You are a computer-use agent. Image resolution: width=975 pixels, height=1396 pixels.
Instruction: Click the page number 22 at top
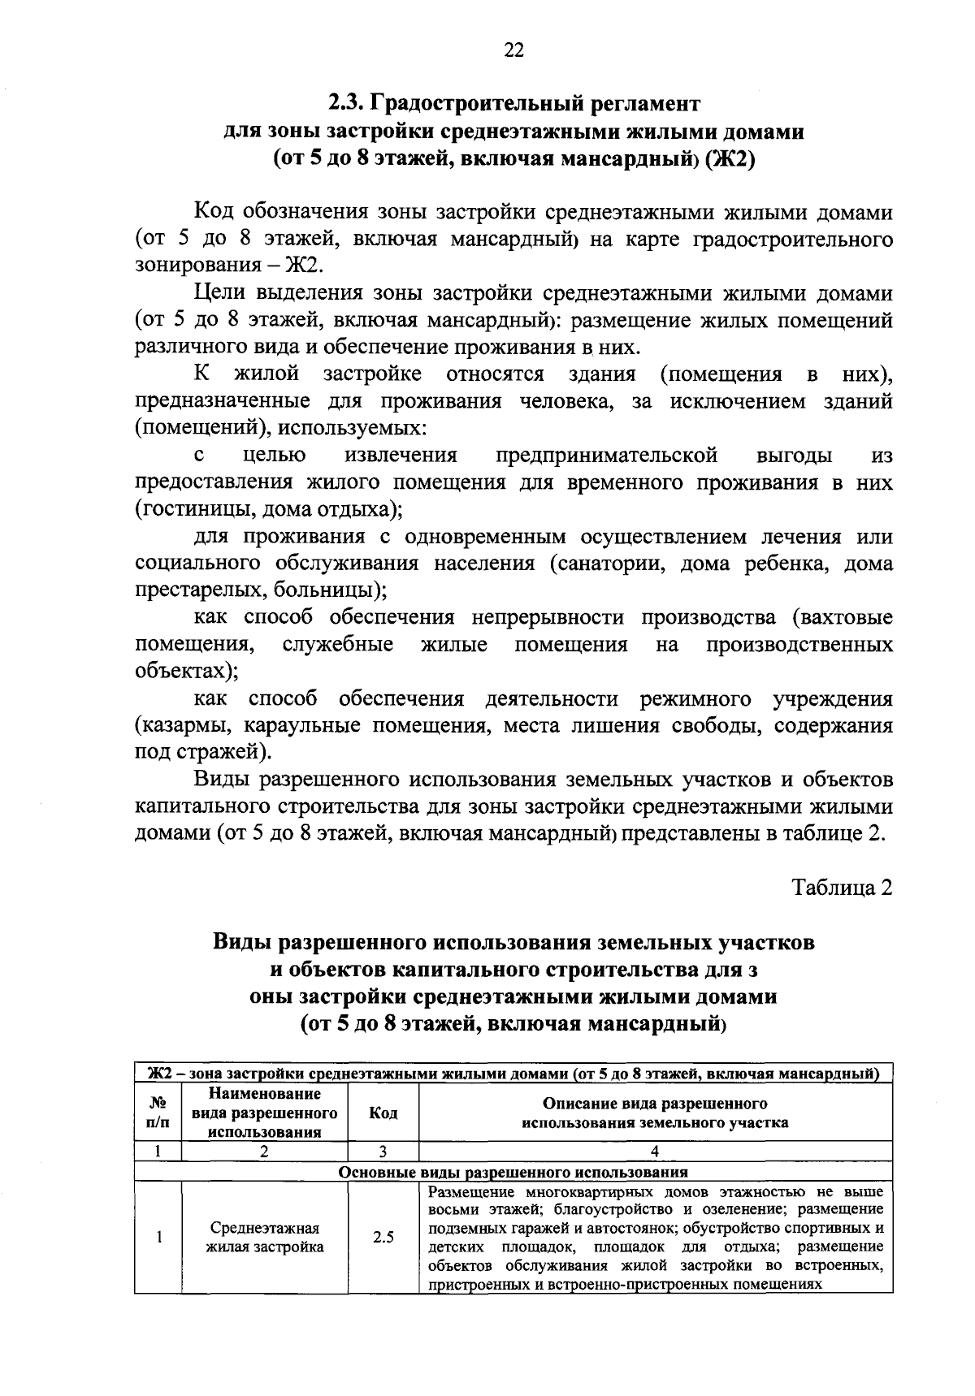click(513, 50)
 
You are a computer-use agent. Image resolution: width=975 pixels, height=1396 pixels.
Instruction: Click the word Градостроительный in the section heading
click(478, 104)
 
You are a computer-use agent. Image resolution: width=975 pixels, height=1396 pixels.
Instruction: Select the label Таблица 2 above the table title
click(842, 888)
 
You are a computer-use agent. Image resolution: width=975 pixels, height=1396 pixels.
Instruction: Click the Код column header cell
click(383, 1113)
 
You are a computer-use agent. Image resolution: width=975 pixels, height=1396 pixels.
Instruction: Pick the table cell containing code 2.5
click(383, 1238)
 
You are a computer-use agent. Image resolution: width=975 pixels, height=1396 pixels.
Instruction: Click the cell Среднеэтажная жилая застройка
click(265, 1238)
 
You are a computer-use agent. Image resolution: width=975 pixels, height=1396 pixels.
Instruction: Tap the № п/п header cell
click(159, 1113)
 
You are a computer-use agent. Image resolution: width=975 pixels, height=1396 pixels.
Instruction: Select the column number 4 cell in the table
click(655, 1151)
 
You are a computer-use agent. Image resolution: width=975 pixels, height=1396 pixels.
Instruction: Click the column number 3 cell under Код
click(383, 1151)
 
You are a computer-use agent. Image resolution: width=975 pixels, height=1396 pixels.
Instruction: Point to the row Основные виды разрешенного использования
click(513, 1172)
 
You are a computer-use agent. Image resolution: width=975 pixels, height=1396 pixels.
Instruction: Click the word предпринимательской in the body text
click(606, 456)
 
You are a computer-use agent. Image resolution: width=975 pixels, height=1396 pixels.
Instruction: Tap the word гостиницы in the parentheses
click(183, 510)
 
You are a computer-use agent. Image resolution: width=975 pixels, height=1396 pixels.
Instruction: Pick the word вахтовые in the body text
click(846, 618)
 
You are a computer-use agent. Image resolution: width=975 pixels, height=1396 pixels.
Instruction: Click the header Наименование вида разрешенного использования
click(265, 1113)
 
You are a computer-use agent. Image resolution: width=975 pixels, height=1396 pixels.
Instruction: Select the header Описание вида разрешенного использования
click(655, 1113)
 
